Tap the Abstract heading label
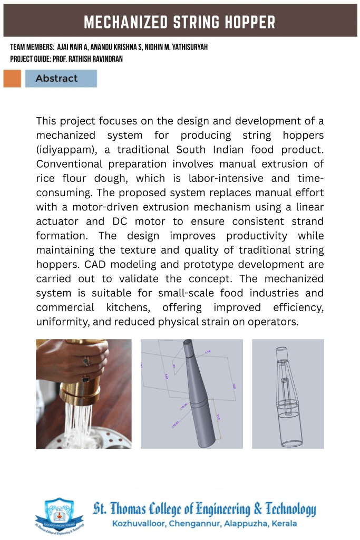coord(56,79)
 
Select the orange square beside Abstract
coord(12,79)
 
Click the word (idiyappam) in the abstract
coord(66,150)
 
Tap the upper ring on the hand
coord(87,361)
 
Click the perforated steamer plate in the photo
coord(113,438)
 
